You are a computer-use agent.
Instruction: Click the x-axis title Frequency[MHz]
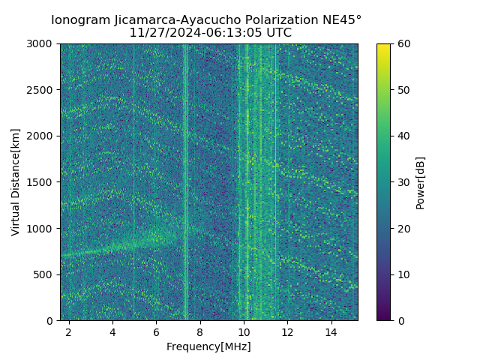208,346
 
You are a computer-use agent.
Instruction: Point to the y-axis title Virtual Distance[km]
16,182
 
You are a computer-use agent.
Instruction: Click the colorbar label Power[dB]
421,182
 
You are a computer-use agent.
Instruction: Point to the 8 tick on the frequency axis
200,331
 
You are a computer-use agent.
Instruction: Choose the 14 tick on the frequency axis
331,331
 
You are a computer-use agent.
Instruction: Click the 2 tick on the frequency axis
69,331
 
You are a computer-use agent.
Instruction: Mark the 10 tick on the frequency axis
244,331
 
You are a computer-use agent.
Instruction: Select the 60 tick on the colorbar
403,43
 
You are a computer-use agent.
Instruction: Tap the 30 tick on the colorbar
403,182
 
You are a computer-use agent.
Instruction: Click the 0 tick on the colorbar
400,320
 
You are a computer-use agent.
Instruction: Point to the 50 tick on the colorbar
403,90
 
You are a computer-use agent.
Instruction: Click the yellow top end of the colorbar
383,46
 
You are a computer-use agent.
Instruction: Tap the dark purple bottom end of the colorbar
383,318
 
